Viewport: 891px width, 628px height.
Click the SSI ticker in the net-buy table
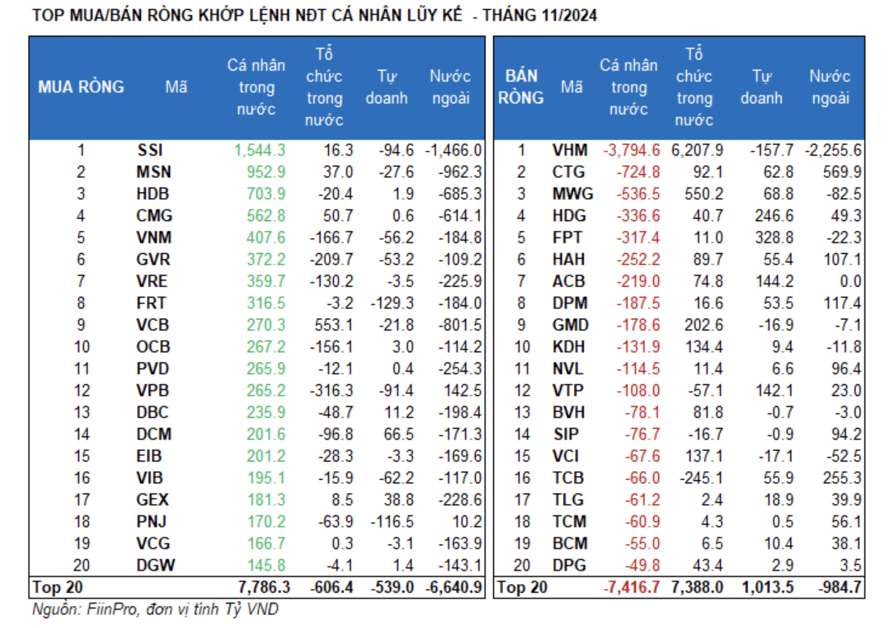[x=150, y=150]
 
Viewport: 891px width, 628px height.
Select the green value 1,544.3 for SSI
[x=259, y=150]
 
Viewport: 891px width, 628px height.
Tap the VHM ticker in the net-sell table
[x=570, y=150]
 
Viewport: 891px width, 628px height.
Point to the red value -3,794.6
[x=631, y=150]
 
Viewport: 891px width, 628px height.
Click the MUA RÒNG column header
[x=81, y=87]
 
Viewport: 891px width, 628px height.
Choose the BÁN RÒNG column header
[x=521, y=87]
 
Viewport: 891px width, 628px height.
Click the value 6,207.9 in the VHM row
[x=697, y=150]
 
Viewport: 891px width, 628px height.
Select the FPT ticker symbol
[x=567, y=238]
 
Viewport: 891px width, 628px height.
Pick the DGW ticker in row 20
[x=155, y=566]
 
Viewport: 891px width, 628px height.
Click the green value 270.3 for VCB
[x=265, y=325]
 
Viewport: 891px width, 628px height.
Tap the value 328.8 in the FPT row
[x=774, y=238]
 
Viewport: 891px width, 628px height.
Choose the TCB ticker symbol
[x=568, y=478]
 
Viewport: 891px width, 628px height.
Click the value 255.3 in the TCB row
[x=842, y=478]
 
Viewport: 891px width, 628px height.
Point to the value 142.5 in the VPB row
[x=463, y=391]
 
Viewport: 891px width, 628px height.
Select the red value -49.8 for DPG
[x=642, y=566]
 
